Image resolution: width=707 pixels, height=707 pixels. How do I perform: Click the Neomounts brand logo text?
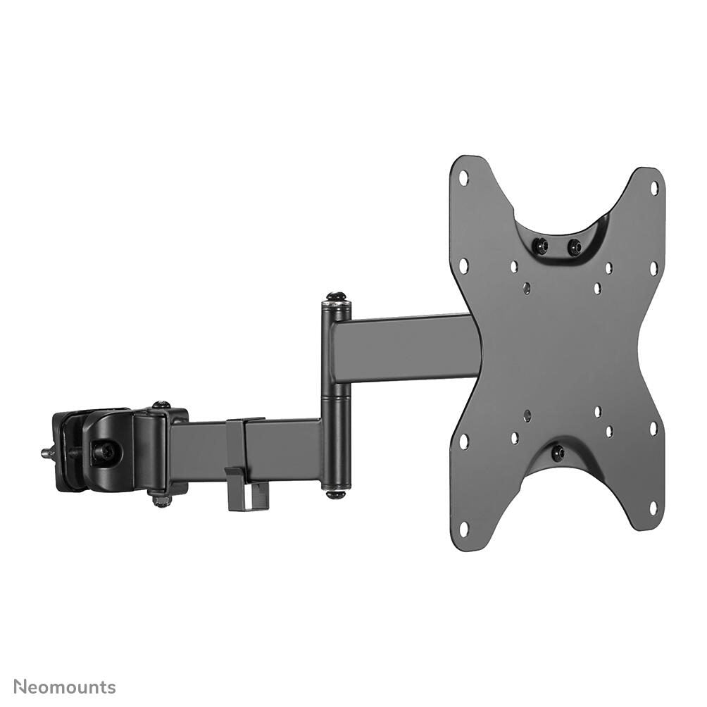pyautogui.click(x=65, y=687)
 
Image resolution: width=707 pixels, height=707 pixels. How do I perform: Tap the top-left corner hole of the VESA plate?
pyautogui.click(x=463, y=177)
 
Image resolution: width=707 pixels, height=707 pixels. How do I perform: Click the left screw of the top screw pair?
pyautogui.click(x=542, y=246)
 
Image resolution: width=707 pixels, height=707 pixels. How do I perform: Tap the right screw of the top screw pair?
pyautogui.click(x=574, y=247)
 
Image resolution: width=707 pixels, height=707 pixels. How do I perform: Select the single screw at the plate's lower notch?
pyautogui.click(x=558, y=453)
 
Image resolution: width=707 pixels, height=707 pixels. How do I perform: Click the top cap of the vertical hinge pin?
pyautogui.click(x=335, y=298)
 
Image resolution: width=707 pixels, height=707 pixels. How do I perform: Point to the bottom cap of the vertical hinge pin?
pyautogui.click(x=335, y=493)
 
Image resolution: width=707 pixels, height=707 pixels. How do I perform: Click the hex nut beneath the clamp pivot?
pyautogui.click(x=161, y=501)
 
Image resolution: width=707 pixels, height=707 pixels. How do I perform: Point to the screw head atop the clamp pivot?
pyautogui.click(x=161, y=405)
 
